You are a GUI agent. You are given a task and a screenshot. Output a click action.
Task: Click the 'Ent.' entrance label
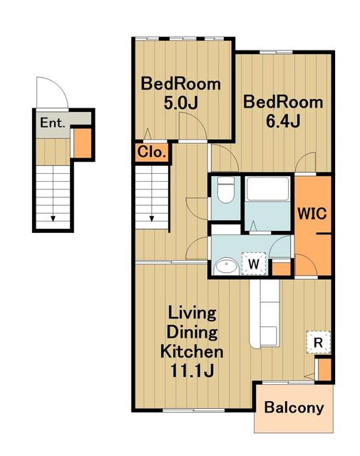pos(52,123)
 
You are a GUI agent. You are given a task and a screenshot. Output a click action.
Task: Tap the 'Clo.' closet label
pos(152,152)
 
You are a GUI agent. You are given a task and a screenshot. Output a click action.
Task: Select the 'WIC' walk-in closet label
pos(312,214)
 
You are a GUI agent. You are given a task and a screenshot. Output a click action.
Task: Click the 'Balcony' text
pos(294,408)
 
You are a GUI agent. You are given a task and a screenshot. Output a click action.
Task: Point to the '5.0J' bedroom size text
pos(181,103)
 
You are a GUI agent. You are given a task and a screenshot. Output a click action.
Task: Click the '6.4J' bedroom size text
pos(283,121)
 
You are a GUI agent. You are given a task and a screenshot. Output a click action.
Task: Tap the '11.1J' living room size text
pos(192,370)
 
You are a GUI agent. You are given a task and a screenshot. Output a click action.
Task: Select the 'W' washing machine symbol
pos(254,264)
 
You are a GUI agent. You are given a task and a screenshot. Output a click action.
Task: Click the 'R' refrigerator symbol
pos(318,342)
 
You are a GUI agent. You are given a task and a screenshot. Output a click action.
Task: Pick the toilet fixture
pos(225,190)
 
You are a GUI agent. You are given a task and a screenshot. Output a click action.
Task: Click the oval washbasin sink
pos(226,266)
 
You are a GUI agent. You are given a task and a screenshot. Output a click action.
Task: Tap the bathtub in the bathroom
pos(268,188)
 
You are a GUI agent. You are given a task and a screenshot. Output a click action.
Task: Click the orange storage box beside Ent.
pos(83,142)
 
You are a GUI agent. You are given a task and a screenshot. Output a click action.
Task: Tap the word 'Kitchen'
pos(192,351)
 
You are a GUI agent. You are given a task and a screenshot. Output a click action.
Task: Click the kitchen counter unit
pos(264,313)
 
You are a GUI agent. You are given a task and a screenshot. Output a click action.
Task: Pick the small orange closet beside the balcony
pos(324,369)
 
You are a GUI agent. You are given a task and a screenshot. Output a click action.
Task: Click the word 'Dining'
pos(192,333)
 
